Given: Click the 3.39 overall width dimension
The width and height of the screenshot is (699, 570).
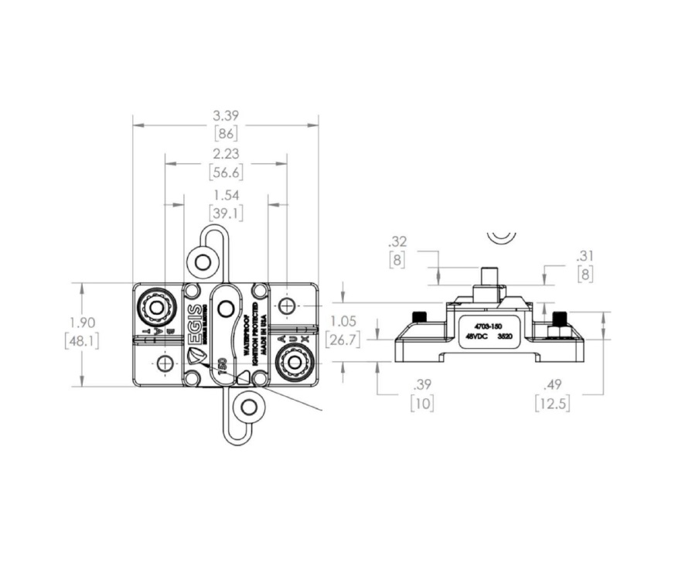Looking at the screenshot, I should (x=226, y=116).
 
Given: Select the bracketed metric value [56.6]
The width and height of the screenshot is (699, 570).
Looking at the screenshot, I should (x=226, y=172).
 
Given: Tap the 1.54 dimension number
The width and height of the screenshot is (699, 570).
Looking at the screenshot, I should (x=226, y=196).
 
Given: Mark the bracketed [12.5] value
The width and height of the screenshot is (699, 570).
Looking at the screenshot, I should (x=552, y=403).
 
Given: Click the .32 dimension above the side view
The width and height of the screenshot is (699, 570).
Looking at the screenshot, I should (x=399, y=241).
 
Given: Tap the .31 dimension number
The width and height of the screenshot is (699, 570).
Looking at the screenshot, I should (x=585, y=256).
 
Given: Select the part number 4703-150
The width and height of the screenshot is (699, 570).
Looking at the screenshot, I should (x=489, y=326).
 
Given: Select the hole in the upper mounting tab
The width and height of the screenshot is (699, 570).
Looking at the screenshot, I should (x=203, y=261).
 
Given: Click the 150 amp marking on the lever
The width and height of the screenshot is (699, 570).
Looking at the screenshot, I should (x=222, y=367).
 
